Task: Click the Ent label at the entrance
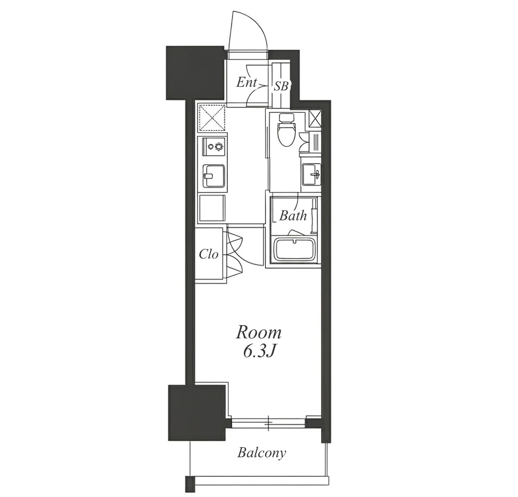pos(247,82)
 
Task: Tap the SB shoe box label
pos(281,87)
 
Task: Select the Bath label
pos(293,216)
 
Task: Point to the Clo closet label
pos(209,254)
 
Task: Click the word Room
pos(258,333)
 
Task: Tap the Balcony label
pos(262,453)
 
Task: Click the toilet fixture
pos(286,130)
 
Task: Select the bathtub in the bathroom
pos(294,251)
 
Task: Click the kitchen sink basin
pos(214,176)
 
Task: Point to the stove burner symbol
pos(219,146)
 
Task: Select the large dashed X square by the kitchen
pos(212,118)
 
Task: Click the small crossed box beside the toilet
pos(315,119)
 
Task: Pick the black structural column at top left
pos(195,73)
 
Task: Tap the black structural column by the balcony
pos(197,412)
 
